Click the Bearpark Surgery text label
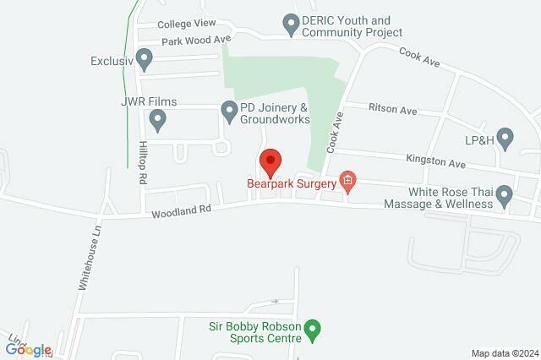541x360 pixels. pos(292,181)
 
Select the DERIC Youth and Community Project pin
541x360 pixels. pos(292,26)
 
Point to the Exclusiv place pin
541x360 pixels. pos(144,60)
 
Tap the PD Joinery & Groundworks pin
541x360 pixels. pos(229,111)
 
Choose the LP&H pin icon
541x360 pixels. pos(505,137)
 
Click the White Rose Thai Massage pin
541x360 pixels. pos(505,198)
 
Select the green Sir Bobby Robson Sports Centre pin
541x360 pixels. pos(313,330)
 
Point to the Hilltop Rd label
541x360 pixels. pos(142,163)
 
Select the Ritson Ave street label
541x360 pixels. pos(393,110)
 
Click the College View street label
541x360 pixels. pos(188,23)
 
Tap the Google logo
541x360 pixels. pos(29,350)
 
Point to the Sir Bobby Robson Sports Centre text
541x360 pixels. pos(255,330)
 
